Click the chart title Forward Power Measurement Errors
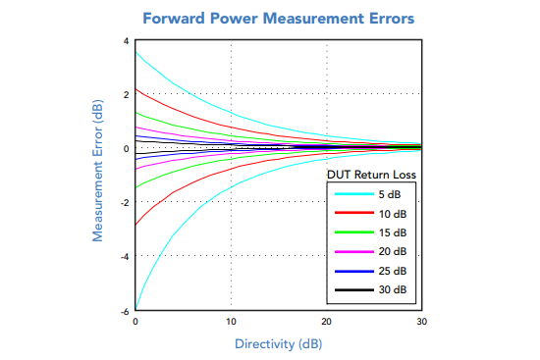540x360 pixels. [x=278, y=19]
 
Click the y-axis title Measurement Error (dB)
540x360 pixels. [x=98, y=174]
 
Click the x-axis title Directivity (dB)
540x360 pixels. [x=278, y=344]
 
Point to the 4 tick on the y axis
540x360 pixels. [x=126, y=41]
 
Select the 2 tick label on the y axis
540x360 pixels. [x=126, y=95]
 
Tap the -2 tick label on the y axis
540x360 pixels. [x=124, y=203]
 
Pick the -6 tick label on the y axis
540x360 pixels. [x=124, y=311]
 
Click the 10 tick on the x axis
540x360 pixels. [x=231, y=322]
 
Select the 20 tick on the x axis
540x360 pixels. [x=326, y=322]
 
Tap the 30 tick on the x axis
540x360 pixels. [x=421, y=322]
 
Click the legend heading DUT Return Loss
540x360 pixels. [x=371, y=175]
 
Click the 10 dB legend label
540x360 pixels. [x=393, y=214]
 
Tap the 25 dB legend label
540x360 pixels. [x=393, y=271]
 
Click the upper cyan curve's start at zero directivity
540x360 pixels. [x=136, y=52]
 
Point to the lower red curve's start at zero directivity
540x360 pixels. [x=136, y=225]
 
